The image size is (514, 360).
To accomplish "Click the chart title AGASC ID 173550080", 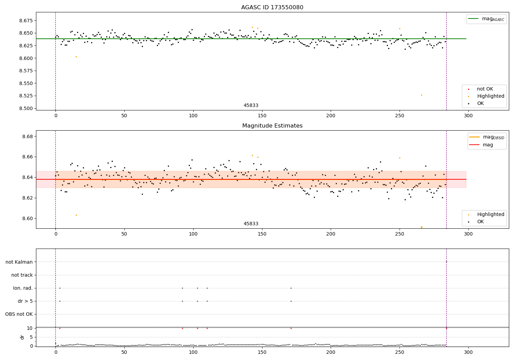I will [272, 8].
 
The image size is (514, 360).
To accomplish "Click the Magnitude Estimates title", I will [272, 126].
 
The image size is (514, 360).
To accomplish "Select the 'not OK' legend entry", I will [485, 89].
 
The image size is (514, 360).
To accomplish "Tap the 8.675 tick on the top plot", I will [26, 21].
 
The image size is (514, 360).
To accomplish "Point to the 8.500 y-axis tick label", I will [26, 108].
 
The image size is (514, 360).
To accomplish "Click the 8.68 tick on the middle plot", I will [27, 136].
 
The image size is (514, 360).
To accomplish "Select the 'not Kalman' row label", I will [19, 262].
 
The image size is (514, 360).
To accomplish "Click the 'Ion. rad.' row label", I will [23, 288].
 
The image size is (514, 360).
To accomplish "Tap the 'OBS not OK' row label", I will [19, 314].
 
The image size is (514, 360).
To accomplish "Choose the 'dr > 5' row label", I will [25, 301].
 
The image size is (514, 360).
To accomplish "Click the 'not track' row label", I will [22, 275].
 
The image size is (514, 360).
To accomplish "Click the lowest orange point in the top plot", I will [421, 95].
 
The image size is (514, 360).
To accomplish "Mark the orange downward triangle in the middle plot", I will [421, 227].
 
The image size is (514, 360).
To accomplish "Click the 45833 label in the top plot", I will [251, 106].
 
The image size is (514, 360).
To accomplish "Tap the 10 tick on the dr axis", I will [30, 328].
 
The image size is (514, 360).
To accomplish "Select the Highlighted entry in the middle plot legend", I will [490, 214].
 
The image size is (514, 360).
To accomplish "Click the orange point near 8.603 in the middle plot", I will [76, 215].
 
